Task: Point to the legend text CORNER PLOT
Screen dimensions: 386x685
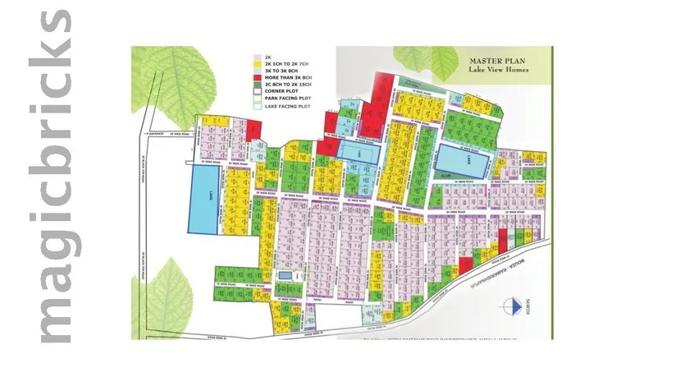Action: [x=283, y=90]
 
